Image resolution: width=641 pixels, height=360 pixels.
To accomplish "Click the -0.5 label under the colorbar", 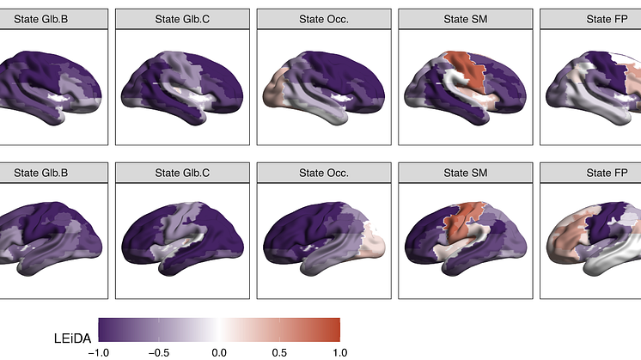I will click(159, 351).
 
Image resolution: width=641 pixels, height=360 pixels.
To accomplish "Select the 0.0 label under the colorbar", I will click(219, 351).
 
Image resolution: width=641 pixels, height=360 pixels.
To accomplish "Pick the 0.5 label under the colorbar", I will click(279, 351).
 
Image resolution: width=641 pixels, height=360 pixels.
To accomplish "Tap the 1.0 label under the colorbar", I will click(339, 351).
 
